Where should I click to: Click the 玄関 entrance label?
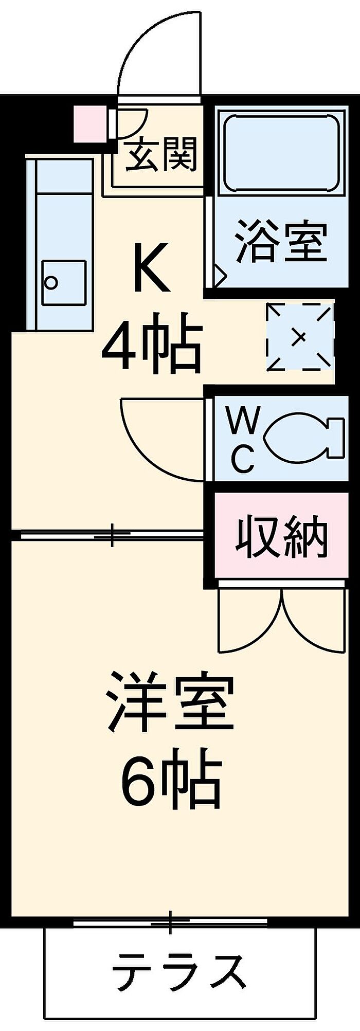click(x=161, y=155)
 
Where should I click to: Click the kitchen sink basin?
click(x=64, y=282)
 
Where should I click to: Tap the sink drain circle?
click(x=51, y=282)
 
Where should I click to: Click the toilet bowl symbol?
click(x=301, y=437)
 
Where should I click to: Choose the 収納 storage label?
click(x=281, y=538)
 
